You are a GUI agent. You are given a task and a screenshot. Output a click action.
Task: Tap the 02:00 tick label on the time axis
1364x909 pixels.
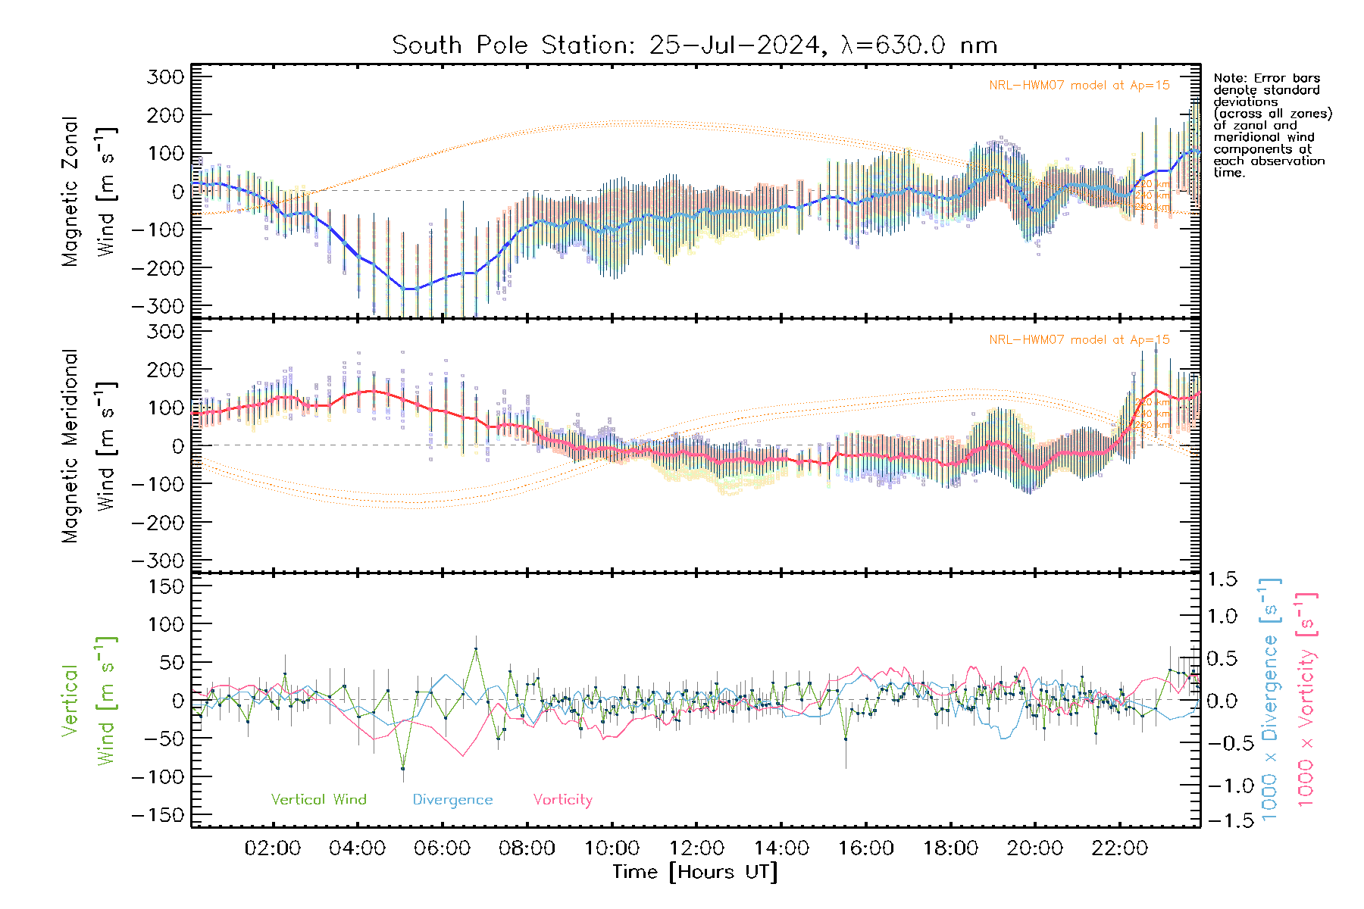[272, 848]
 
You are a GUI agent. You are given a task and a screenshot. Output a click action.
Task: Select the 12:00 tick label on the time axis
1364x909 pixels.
[696, 848]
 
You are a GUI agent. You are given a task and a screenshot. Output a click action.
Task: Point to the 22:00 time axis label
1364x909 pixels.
[1119, 848]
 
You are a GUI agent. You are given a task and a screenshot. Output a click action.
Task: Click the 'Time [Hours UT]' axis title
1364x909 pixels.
[695, 872]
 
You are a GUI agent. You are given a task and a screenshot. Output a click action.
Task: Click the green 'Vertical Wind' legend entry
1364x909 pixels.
[318, 799]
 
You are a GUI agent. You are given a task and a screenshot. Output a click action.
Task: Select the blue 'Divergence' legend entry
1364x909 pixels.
[452, 799]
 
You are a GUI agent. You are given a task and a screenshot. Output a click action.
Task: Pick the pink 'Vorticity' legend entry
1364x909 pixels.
[562, 799]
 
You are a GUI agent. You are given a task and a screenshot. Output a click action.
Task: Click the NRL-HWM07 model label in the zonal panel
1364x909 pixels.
[1079, 85]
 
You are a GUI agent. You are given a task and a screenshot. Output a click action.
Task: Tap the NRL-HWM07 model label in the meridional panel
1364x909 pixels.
[1079, 339]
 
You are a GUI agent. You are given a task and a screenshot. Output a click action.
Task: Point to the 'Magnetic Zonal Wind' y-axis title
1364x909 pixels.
[89, 191]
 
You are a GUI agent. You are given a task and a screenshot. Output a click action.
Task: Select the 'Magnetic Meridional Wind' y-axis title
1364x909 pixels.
[89, 445]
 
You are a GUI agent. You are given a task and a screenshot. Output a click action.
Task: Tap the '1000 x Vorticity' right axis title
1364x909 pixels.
[1306, 700]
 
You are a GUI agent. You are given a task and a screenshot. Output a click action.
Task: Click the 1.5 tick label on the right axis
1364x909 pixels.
[1222, 579]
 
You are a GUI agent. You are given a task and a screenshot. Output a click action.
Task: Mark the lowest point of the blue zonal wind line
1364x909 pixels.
[408, 289]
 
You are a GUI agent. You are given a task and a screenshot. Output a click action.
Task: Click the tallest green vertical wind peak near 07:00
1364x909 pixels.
[476, 648]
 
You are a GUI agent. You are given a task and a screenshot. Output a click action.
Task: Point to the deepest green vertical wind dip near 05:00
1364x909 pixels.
[402, 769]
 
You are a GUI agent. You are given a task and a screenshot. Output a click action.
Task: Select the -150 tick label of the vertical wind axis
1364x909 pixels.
[158, 815]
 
